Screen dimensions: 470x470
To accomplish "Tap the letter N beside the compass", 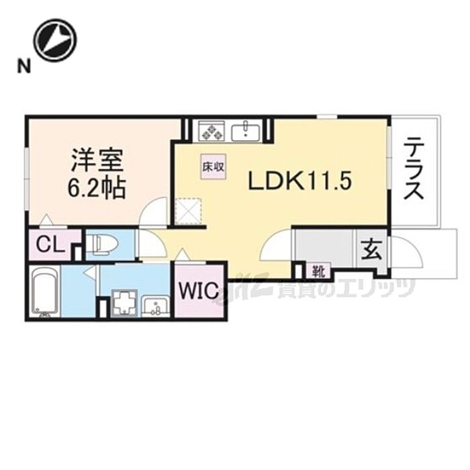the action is [x=24, y=66].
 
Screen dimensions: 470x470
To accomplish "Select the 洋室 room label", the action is [x=96, y=160].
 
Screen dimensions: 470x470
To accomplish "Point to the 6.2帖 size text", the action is [x=95, y=187].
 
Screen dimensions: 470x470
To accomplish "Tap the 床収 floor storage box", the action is [x=213, y=167].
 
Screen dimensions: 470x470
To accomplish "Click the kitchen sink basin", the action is [x=246, y=131].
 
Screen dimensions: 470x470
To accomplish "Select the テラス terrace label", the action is [x=414, y=169].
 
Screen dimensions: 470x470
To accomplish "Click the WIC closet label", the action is [x=199, y=290].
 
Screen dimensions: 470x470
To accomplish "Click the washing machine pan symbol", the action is [x=124, y=303].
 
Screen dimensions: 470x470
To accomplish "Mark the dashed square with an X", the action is [x=189, y=211].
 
